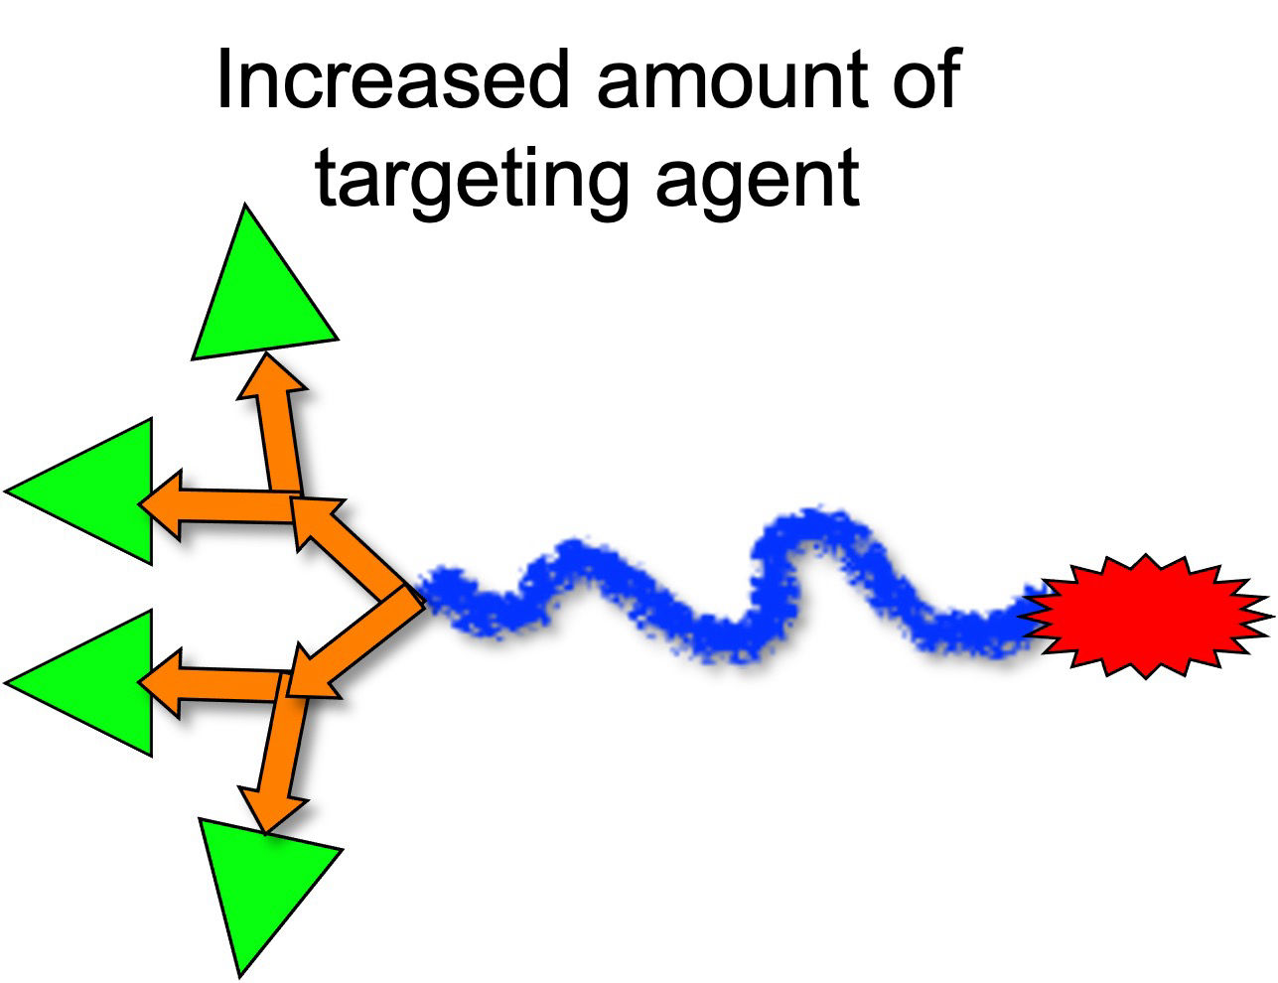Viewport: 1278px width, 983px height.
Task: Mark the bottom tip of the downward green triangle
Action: coord(241,974)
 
